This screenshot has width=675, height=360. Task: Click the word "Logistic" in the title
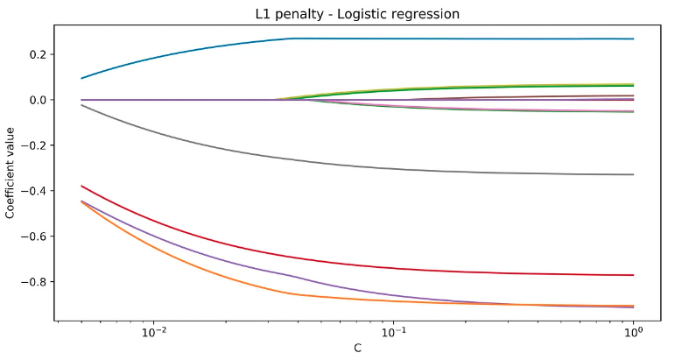pyautogui.click(x=361, y=14)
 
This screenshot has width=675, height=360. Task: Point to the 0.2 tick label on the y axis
pyautogui.click(x=38, y=54)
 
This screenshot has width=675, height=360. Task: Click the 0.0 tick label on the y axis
pyautogui.click(x=38, y=100)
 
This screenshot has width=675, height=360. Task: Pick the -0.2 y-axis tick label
pyautogui.click(x=34, y=145)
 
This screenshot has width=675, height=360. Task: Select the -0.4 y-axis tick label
pyautogui.click(x=34, y=191)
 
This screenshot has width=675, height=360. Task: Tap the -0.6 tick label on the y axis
pyautogui.click(x=34, y=236)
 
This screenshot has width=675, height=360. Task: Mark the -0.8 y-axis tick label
pyautogui.click(x=34, y=282)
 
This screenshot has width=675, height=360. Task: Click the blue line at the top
pyautogui.click(x=438, y=39)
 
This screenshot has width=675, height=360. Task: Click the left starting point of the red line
pyautogui.click(x=81, y=186)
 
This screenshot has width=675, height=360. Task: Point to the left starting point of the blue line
pyautogui.click(x=81, y=79)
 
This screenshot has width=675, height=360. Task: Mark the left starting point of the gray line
pyautogui.click(x=81, y=105)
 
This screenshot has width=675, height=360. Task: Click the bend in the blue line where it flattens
pyautogui.click(x=293, y=39)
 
